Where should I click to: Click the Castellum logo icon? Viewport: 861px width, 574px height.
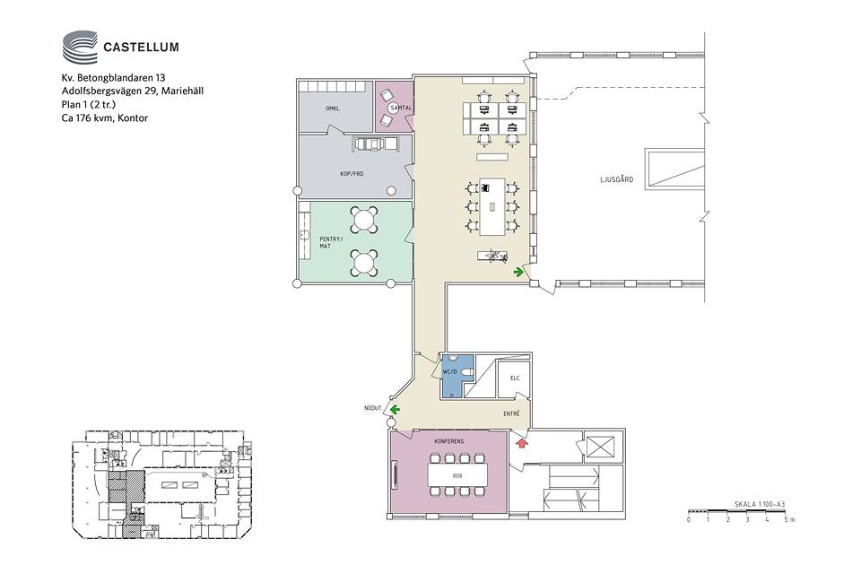click(80, 47)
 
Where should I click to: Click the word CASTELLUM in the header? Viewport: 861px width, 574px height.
click(141, 48)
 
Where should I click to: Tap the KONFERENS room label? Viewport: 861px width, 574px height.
click(448, 441)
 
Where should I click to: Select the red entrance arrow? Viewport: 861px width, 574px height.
click(522, 441)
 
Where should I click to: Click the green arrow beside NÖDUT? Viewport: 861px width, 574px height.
click(395, 409)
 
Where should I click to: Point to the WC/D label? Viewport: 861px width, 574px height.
click(449, 372)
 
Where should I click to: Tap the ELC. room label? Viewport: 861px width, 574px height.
click(515, 378)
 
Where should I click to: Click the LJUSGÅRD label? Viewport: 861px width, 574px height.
click(617, 179)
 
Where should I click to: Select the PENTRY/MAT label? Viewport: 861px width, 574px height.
click(331, 242)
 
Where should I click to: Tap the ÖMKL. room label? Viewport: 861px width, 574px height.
click(333, 109)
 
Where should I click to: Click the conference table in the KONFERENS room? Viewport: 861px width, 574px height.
click(457, 474)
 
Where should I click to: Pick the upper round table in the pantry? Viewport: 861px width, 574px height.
click(363, 220)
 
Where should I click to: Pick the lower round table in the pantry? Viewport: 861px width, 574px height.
click(363, 263)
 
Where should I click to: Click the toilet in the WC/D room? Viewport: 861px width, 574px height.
click(467, 373)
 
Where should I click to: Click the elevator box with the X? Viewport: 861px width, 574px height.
click(600, 447)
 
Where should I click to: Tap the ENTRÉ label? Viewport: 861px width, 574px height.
click(511, 413)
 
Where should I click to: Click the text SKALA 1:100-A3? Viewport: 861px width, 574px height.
click(760, 504)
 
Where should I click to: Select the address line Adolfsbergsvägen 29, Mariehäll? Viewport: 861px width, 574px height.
click(133, 91)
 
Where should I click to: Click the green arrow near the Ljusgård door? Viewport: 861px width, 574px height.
click(518, 272)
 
